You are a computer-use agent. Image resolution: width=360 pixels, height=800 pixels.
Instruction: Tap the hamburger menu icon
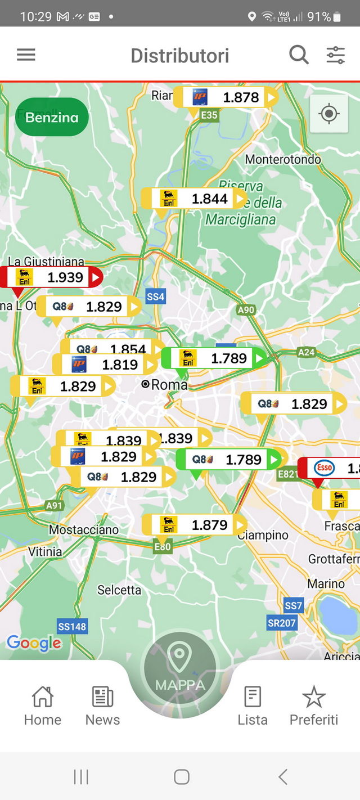[x=26, y=55]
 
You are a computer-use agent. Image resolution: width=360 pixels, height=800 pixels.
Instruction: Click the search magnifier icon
[x=299, y=55]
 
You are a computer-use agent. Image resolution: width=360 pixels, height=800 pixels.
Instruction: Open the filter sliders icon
[x=336, y=55]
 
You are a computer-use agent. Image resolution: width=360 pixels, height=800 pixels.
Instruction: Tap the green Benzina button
[x=52, y=117]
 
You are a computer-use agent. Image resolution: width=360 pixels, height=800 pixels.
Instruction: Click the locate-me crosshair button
[x=329, y=114]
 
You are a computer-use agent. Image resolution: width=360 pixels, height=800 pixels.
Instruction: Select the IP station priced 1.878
[x=226, y=97]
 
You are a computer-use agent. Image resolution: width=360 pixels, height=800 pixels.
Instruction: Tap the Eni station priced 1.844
[x=194, y=199]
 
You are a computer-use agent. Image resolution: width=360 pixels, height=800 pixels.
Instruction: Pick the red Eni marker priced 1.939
[x=51, y=277]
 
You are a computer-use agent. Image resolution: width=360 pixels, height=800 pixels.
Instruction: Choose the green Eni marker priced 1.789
[x=214, y=358]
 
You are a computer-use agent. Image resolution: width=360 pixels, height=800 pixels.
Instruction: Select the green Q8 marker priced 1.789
[x=228, y=459]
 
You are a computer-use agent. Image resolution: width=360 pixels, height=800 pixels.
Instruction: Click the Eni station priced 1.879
[x=194, y=525]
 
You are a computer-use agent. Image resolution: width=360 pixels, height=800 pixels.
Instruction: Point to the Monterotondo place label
[x=283, y=159]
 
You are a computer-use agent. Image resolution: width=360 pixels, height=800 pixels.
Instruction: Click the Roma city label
[x=169, y=385]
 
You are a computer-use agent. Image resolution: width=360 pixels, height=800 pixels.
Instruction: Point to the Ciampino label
[x=263, y=535]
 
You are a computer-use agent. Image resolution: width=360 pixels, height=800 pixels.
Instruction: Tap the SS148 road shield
[x=73, y=627]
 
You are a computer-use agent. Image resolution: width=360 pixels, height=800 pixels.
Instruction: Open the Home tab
[x=43, y=706]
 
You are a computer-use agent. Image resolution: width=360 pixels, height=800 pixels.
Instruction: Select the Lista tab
[x=252, y=706]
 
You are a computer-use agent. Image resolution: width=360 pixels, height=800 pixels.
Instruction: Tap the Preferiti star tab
[x=314, y=706]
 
